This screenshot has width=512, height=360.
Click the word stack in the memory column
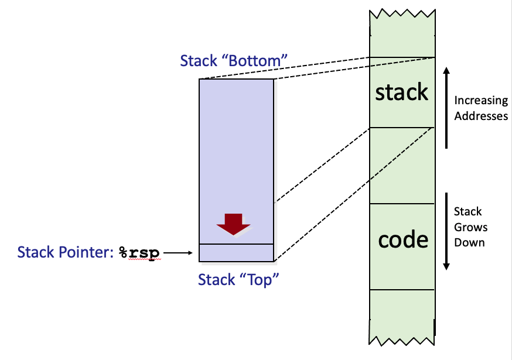(x=402, y=92)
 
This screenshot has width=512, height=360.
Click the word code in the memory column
(x=402, y=239)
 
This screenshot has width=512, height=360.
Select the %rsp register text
(x=139, y=253)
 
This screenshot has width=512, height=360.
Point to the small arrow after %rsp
(x=179, y=253)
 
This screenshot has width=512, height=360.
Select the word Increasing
(x=481, y=101)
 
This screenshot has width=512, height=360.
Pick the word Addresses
(x=481, y=116)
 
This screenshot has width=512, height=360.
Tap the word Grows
(x=470, y=227)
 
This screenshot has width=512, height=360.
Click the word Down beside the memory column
(x=469, y=242)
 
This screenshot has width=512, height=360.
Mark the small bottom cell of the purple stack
(x=236, y=252)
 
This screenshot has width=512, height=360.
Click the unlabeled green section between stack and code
(x=402, y=165)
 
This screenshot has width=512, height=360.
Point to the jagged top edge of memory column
(x=402, y=13)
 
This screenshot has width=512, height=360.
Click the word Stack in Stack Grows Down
(x=468, y=211)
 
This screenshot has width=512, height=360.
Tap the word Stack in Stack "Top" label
(x=216, y=280)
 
